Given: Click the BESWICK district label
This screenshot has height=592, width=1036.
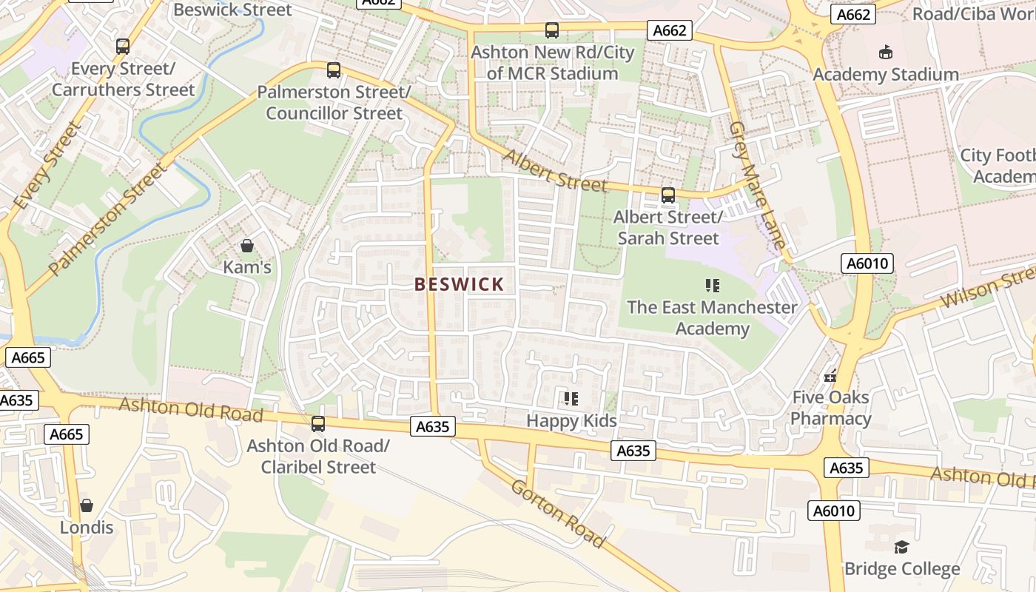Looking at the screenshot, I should pyautogui.click(x=460, y=284).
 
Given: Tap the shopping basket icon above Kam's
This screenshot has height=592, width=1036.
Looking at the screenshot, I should pyautogui.click(x=247, y=246).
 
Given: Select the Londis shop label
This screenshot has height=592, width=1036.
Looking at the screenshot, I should pyautogui.click(x=87, y=528).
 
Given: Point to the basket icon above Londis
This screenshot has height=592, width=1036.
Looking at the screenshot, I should pyautogui.click(x=87, y=505).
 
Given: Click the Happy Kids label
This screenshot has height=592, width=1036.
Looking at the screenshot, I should pyautogui.click(x=571, y=421).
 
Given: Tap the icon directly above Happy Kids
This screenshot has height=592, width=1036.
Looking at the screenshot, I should pyautogui.click(x=571, y=399).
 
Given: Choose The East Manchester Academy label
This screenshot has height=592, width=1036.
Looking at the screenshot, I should pyautogui.click(x=713, y=317).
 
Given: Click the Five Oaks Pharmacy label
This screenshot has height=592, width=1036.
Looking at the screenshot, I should pyautogui.click(x=830, y=408).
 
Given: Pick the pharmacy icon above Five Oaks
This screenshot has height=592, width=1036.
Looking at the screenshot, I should pyautogui.click(x=830, y=375).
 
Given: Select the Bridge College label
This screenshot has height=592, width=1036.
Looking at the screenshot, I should pyautogui.click(x=902, y=569).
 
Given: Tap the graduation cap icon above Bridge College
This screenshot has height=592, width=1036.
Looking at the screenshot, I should pyautogui.click(x=901, y=547).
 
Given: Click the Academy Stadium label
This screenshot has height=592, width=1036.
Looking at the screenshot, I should pyautogui.click(x=886, y=75).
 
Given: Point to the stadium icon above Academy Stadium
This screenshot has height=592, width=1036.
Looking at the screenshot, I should pyautogui.click(x=885, y=52).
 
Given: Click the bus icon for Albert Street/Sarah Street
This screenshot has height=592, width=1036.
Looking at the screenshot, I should pyautogui.click(x=668, y=195).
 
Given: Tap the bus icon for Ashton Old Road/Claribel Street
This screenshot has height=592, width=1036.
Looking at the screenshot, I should pyautogui.click(x=318, y=424).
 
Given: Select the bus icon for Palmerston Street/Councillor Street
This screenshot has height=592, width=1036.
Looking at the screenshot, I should pyautogui.click(x=334, y=70).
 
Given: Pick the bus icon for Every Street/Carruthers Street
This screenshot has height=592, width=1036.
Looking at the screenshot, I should pyautogui.click(x=123, y=47).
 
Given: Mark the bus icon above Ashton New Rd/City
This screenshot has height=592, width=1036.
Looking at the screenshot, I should pyautogui.click(x=552, y=30).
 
